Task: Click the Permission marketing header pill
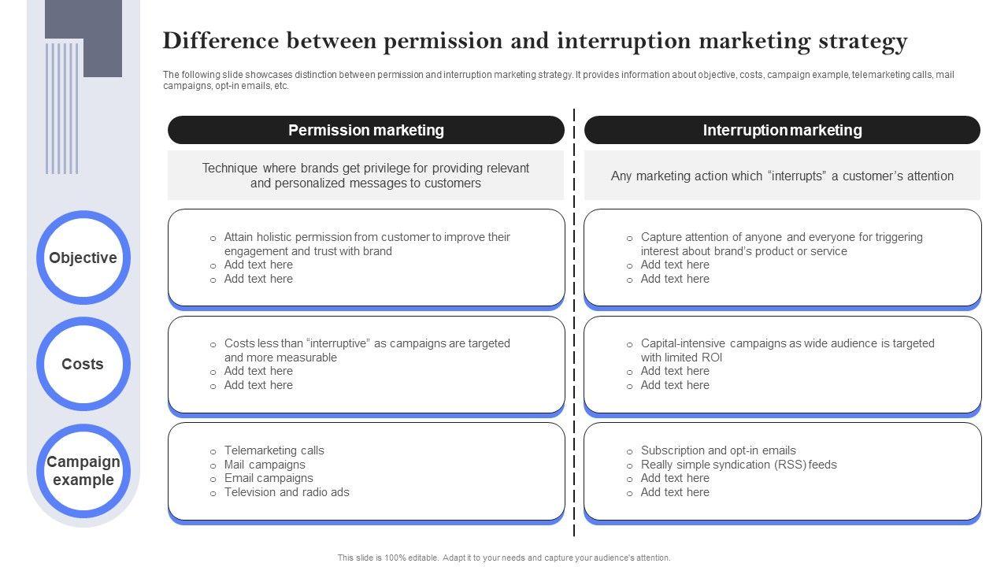tap(365, 130)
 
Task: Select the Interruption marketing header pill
tap(782, 130)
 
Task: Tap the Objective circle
tap(83, 258)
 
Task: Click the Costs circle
tap(83, 364)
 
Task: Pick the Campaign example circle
tap(83, 470)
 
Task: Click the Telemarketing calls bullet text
tap(274, 450)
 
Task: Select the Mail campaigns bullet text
tap(265, 465)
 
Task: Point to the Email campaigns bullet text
tap(269, 478)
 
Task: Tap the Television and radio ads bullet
tap(287, 492)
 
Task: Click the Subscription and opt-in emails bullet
tap(718, 450)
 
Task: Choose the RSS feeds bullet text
tap(739, 465)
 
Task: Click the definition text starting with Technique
tap(365, 176)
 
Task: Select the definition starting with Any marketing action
tap(782, 176)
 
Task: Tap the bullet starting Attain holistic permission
tap(367, 243)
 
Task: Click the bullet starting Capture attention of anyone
tap(781, 243)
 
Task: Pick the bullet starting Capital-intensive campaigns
tap(787, 350)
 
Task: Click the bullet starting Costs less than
tap(367, 350)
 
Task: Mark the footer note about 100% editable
tap(504, 558)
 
